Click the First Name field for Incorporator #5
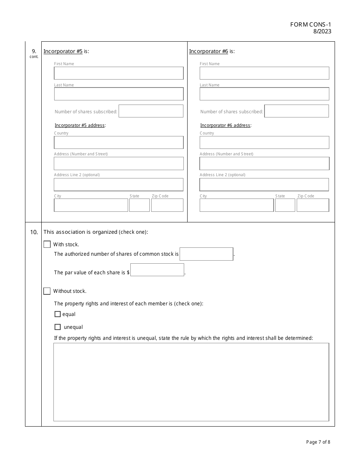pos(119,73)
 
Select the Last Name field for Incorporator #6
pos(264,94)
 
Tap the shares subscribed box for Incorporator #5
pos(151,111)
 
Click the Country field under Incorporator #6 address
pos(264,142)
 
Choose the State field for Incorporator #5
pos(139,205)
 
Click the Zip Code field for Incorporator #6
pos(313,205)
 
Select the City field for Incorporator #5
pos(91,205)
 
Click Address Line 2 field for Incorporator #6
pos(264,185)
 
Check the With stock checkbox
pos(47,244)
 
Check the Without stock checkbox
pos(47,291)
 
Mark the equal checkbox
pos(58,314)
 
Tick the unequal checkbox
pos(58,327)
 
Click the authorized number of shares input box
pos(207,254)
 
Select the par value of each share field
pos(157,270)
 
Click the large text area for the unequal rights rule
pos(191,382)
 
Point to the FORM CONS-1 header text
pos(310,25)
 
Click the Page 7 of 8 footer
pos(318,442)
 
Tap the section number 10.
pos(33,232)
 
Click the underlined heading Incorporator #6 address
pos(225,125)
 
